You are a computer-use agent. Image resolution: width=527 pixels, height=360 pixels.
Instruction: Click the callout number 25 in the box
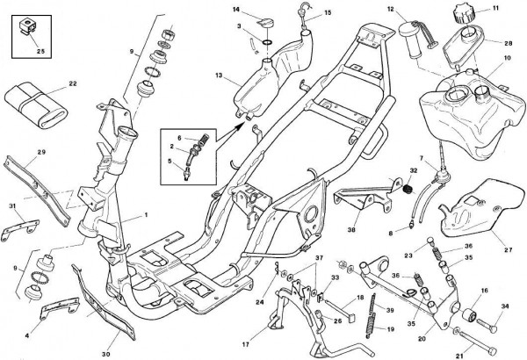click(x=39, y=51)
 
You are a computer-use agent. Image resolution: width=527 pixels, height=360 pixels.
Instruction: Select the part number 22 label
click(x=72, y=84)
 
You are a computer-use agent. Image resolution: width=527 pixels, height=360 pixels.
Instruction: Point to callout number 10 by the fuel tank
click(x=507, y=58)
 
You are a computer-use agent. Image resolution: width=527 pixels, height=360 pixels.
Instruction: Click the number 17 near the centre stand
click(x=247, y=334)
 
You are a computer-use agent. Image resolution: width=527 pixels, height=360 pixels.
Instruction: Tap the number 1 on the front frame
click(x=146, y=214)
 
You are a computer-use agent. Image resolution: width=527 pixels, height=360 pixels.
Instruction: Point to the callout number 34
click(x=505, y=306)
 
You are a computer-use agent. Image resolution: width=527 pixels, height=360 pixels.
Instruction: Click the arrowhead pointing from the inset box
click(x=242, y=126)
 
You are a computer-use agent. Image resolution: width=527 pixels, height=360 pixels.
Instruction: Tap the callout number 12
click(x=390, y=9)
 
